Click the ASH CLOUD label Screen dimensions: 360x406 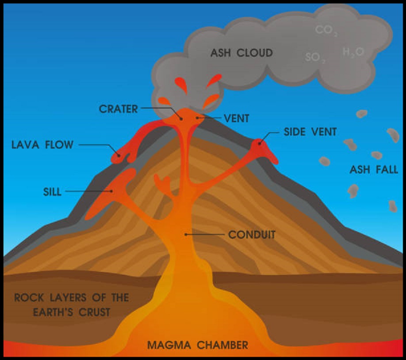(241, 53)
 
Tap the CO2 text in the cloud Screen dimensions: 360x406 (327, 31)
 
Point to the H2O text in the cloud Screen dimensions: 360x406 (353, 52)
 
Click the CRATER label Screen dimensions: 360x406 (119, 109)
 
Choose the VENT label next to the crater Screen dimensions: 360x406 (237, 119)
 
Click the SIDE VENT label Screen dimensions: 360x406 (310, 132)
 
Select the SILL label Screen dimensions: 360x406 (53, 191)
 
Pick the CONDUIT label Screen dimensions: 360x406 (252, 235)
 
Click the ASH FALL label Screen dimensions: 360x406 (374, 170)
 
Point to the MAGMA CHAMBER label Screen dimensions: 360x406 (198, 345)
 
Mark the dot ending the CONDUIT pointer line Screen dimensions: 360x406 (186, 234)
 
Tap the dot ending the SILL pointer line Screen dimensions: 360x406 (112, 191)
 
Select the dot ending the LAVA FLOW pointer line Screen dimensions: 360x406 (119, 155)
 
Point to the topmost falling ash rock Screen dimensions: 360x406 (362, 114)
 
